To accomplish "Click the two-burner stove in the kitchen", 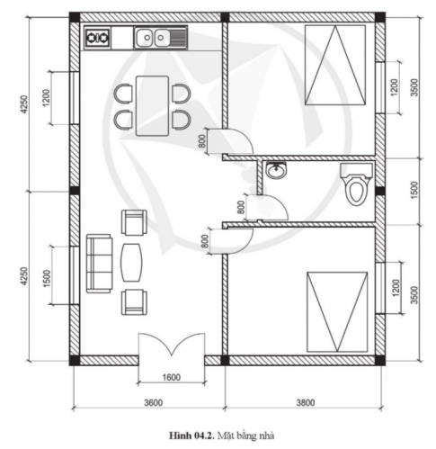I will pyautogui.click(x=97, y=39).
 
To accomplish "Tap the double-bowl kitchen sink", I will pyautogui.click(x=159, y=38).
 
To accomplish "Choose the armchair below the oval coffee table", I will pyautogui.click(x=133, y=301).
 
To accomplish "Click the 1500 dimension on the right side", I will pyautogui.click(x=413, y=191).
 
